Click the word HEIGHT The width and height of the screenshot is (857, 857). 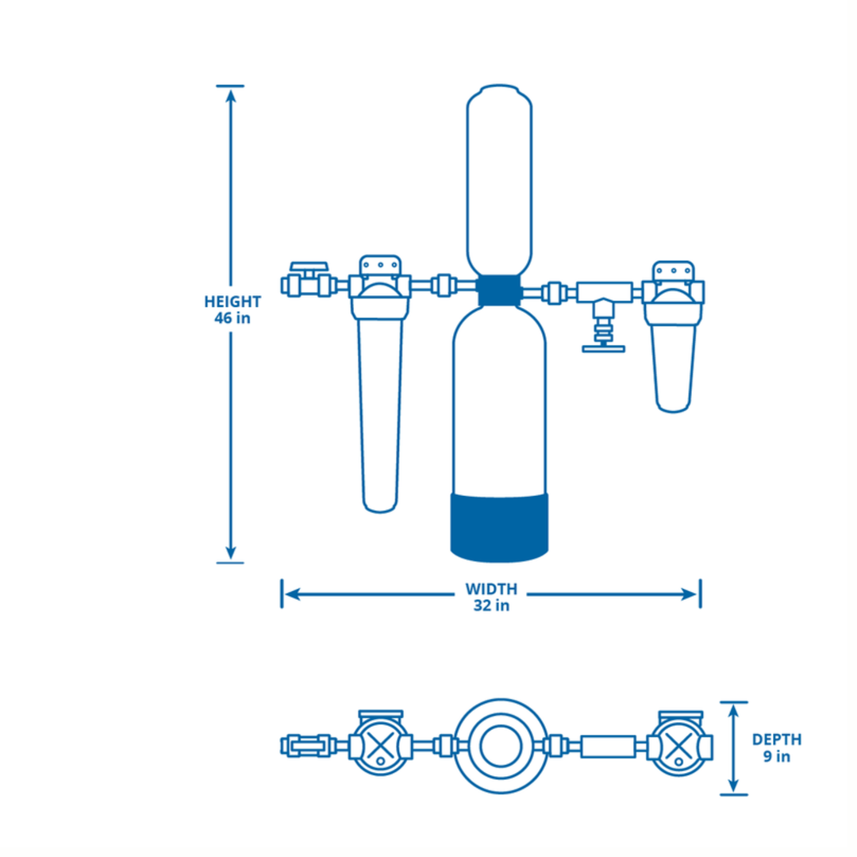click(233, 302)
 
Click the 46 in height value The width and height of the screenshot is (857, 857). click(233, 319)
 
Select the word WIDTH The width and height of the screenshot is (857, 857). click(491, 589)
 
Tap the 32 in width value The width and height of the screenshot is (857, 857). click(491, 605)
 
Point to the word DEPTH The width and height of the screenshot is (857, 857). click(777, 740)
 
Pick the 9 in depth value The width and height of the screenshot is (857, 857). click(777, 756)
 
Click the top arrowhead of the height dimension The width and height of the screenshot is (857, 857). click(231, 96)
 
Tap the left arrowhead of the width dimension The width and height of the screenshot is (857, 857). click(291, 594)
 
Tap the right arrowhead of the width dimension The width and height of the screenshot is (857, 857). click(690, 594)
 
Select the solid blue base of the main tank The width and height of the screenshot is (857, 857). click(499, 524)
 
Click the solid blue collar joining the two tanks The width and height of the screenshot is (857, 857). click(498, 291)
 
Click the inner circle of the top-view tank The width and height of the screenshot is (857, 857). click(498, 746)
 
